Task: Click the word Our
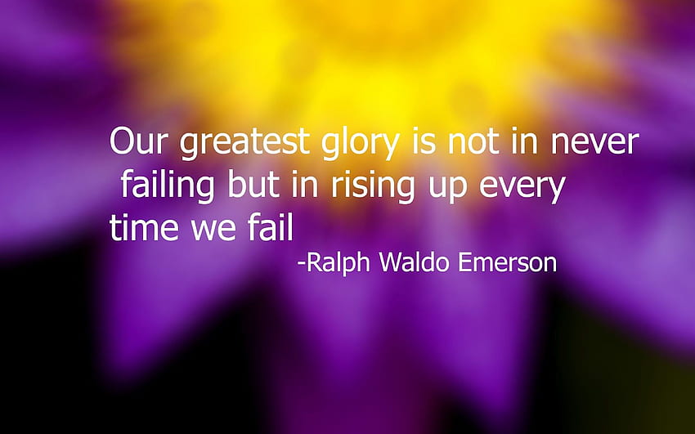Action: tap(139, 141)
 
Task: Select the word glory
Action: tap(361, 142)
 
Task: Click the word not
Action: tap(473, 141)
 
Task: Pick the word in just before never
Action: tap(524, 140)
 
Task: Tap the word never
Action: tap(594, 142)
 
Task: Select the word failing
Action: tap(168, 185)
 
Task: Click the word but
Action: tap(253, 183)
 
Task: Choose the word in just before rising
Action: tap(305, 183)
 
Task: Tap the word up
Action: tap(447, 189)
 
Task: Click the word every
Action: tap(522, 189)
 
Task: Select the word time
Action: tap(144, 226)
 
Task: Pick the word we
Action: tap(213, 230)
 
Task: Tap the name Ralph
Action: tap(339, 263)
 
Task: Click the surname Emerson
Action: tap(508, 262)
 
